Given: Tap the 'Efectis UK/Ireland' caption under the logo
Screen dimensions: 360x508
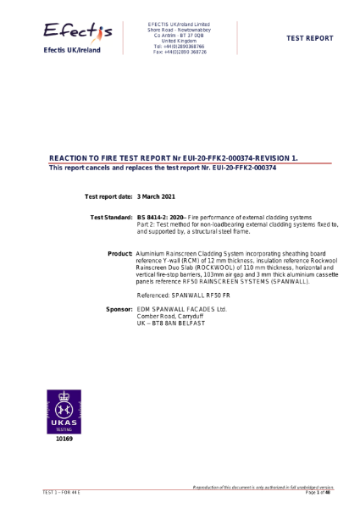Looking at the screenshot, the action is tap(72, 51).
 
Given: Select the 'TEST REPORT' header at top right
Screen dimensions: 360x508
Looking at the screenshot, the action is tap(310, 38).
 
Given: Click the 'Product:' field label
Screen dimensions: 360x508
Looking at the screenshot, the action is tap(120, 252).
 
